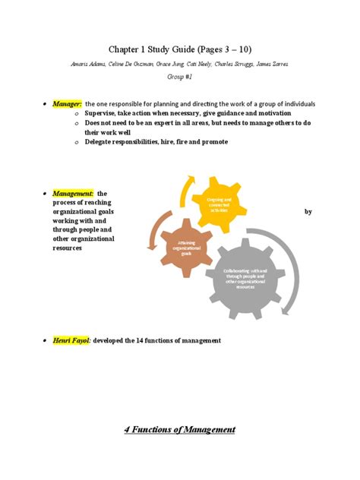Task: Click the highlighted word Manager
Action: pos(68,103)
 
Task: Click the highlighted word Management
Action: pos(74,194)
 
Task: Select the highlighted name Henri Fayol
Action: pos(72,340)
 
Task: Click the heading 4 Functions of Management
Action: pos(180,429)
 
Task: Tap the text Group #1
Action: pos(180,77)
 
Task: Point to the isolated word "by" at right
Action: pos(308,212)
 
